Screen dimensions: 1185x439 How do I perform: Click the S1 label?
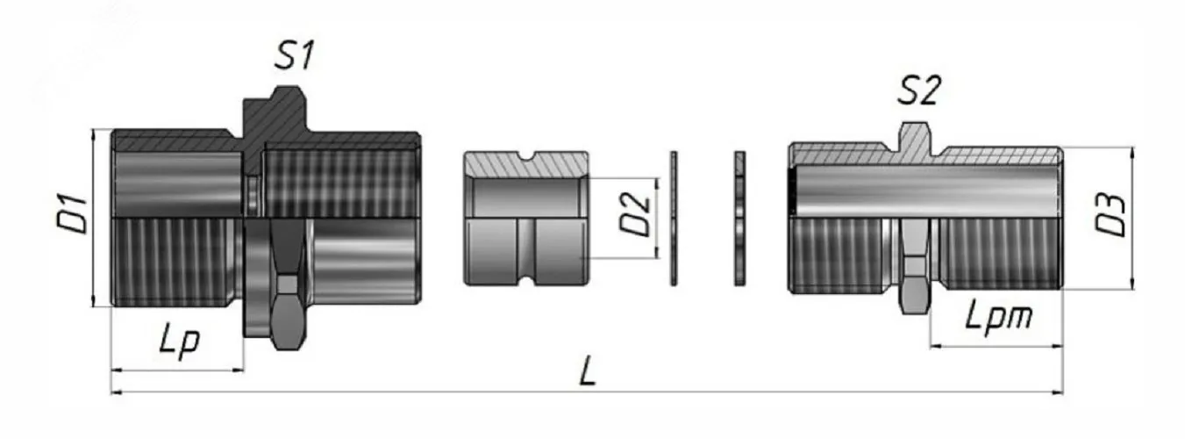click(294, 55)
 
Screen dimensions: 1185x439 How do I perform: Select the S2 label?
click(919, 90)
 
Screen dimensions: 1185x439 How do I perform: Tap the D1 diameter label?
click(73, 214)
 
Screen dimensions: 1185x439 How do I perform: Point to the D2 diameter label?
click(635, 214)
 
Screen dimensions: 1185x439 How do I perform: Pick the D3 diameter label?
click(1110, 215)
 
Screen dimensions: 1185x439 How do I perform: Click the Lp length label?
click(180, 343)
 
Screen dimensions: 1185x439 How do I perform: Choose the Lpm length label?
click(999, 318)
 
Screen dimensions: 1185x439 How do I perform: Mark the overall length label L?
click(588, 371)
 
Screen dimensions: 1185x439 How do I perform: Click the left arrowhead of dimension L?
click(117, 392)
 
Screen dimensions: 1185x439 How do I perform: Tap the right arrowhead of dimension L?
click(1058, 392)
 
